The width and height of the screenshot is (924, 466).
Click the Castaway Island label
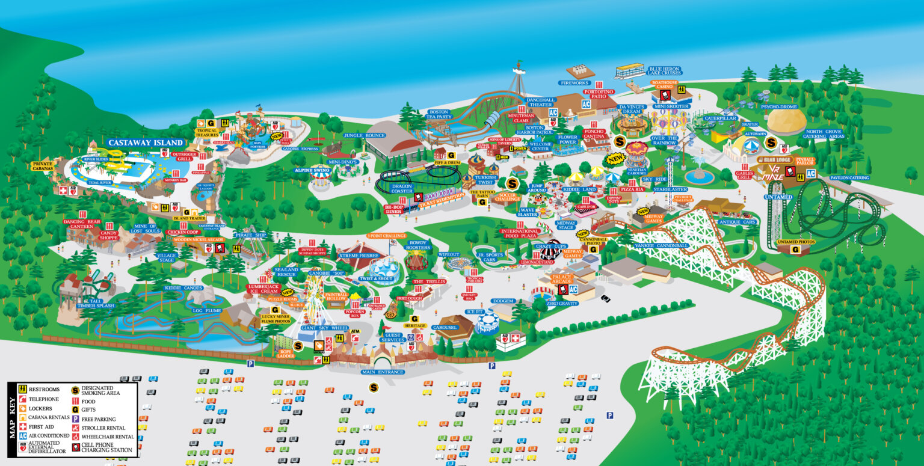146,143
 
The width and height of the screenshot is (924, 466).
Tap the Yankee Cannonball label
656,245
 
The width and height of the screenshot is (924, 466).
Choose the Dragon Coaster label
401,188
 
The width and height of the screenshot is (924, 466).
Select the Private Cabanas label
43,166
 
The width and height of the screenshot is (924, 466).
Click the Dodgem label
503,301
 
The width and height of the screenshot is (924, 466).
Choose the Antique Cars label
730,222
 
